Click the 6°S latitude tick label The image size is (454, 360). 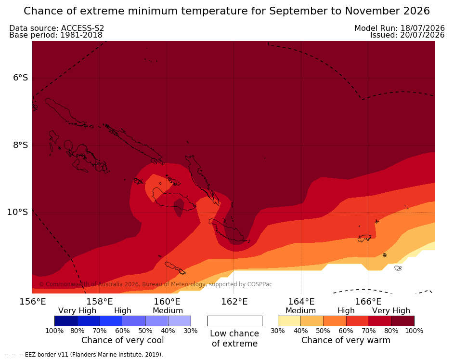21,78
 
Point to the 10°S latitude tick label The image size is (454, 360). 18,212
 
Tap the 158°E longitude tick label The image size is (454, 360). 100,302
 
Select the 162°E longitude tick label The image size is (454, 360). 234,302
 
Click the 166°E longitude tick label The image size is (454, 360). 368,302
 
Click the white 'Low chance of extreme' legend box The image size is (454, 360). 235,321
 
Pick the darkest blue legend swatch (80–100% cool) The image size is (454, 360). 66,321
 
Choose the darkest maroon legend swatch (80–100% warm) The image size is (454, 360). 403,321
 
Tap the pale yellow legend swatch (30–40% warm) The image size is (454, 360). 289,321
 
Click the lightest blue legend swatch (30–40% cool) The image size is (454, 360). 180,321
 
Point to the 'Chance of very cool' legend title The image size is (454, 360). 122,340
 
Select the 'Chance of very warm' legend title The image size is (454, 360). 346,340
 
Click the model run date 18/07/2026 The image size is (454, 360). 422,28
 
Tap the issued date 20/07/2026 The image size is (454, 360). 422,35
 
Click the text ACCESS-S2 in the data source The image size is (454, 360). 82,28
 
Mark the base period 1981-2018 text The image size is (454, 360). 81,35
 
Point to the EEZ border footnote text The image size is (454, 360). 84,355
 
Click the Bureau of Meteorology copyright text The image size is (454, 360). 156,284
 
